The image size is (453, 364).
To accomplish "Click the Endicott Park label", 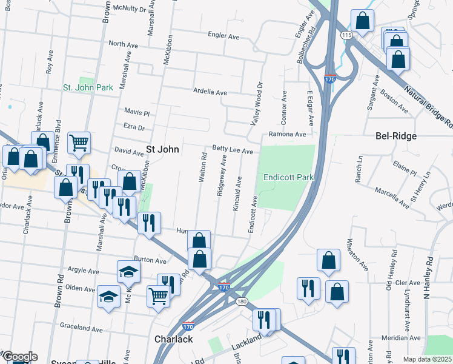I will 288,177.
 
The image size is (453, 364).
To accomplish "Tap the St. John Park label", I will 88,87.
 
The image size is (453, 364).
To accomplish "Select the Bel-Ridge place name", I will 396,136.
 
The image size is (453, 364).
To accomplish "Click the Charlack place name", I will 174,339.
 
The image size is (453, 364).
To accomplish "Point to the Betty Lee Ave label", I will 232,148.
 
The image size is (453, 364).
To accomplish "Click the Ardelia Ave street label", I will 210,92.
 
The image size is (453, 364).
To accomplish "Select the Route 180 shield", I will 242,302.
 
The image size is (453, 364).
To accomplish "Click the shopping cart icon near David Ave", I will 79,143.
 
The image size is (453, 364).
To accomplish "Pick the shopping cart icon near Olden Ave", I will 157,296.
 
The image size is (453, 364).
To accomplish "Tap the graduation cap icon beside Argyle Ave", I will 128,272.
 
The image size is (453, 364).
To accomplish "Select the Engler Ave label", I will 223,36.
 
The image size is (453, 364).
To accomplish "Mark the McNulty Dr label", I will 128,9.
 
